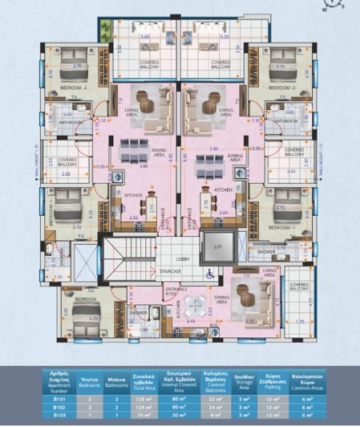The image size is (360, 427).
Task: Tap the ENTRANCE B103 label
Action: coord(175,291)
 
